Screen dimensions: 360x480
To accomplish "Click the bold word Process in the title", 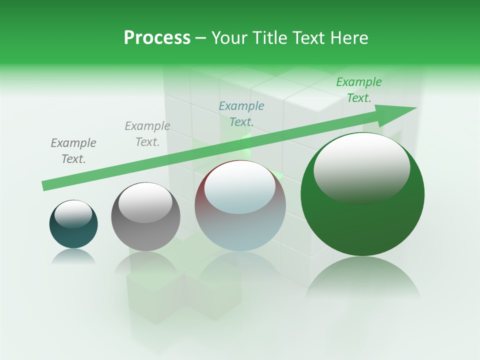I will tap(157, 37).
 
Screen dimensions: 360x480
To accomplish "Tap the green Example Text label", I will tap(359, 90).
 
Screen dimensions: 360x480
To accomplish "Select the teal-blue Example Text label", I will tap(241, 113).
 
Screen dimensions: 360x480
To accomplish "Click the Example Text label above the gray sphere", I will tap(147, 133).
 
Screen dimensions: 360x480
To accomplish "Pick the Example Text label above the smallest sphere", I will tap(73, 150).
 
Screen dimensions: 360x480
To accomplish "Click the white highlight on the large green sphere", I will tap(361, 167).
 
